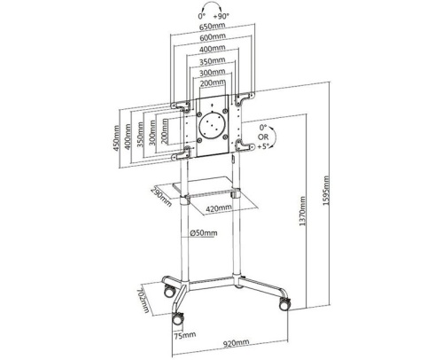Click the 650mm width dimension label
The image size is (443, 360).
pyautogui.click(x=213, y=27)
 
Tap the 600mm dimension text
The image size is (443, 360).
pyautogui.click(x=213, y=37)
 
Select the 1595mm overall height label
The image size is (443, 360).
pyautogui.click(x=326, y=191)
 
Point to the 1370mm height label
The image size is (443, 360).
pyautogui.click(x=303, y=211)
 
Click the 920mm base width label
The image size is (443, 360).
pyautogui.click(x=236, y=343)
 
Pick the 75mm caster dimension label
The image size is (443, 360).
pyautogui.click(x=184, y=335)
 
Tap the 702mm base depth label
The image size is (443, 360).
pyautogui.click(x=144, y=300)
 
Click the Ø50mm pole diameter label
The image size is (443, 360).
pyautogui.click(x=204, y=233)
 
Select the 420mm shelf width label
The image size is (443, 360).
pyautogui.click(x=219, y=208)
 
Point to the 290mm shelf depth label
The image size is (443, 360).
pyautogui.click(x=161, y=197)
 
